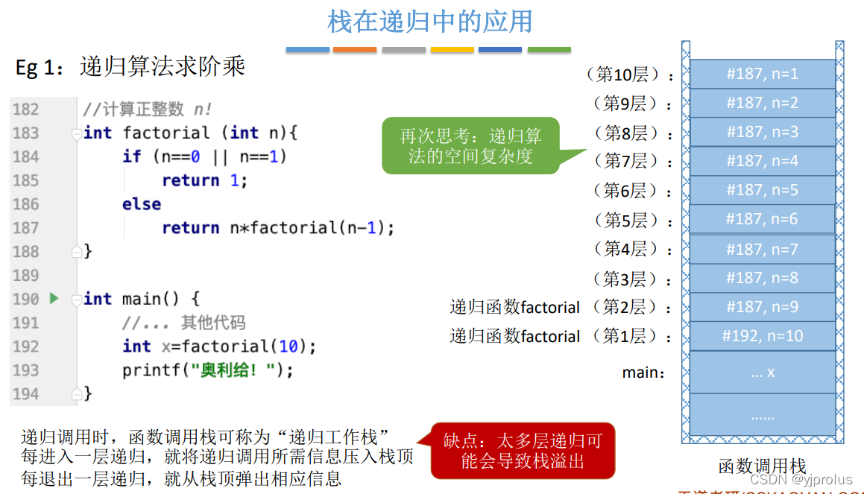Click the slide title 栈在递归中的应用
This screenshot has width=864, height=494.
[430, 22]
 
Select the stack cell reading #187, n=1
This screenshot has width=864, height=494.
[762, 74]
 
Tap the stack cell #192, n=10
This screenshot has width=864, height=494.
[762, 336]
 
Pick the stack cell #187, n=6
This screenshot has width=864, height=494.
[762, 219]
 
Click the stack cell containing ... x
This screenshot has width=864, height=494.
[762, 372]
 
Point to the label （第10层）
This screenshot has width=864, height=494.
[630, 75]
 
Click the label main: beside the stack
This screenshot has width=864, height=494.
[643, 372]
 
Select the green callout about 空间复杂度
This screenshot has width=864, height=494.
[470, 146]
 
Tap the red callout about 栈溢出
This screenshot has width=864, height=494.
[523, 451]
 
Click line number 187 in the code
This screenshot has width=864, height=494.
[26, 228]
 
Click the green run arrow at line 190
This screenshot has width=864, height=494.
[54, 299]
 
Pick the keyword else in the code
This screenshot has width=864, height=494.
[142, 204]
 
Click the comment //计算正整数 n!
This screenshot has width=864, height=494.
[148, 110]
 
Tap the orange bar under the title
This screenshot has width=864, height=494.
[354, 50]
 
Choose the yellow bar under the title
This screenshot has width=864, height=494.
[452, 50]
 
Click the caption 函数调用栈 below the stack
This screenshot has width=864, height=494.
[762, 466]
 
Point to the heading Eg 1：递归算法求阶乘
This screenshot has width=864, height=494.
[130, 68]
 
